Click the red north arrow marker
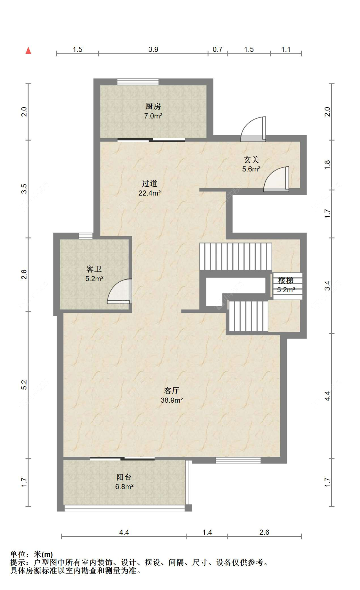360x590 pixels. pos(28,51)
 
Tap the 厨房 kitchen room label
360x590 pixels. pos(153,107)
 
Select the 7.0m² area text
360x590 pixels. pos(153,116)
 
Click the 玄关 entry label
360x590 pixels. pos(251,159)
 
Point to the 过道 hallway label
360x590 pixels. pos(149,183)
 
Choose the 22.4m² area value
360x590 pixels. pos(149,193)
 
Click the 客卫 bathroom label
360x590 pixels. pos(94,269)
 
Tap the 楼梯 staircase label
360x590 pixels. pos(286,280)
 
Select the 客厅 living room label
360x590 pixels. pos(172,391)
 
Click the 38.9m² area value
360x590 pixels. pos(172,400)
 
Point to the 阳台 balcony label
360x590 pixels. pos(124,477)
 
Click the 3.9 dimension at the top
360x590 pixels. pos(153,49)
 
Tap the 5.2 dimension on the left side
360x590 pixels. pos(24,385)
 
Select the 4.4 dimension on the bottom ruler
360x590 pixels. pos(124,532)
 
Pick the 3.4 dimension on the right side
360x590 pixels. pos(327,286)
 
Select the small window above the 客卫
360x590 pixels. pos(86,236)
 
